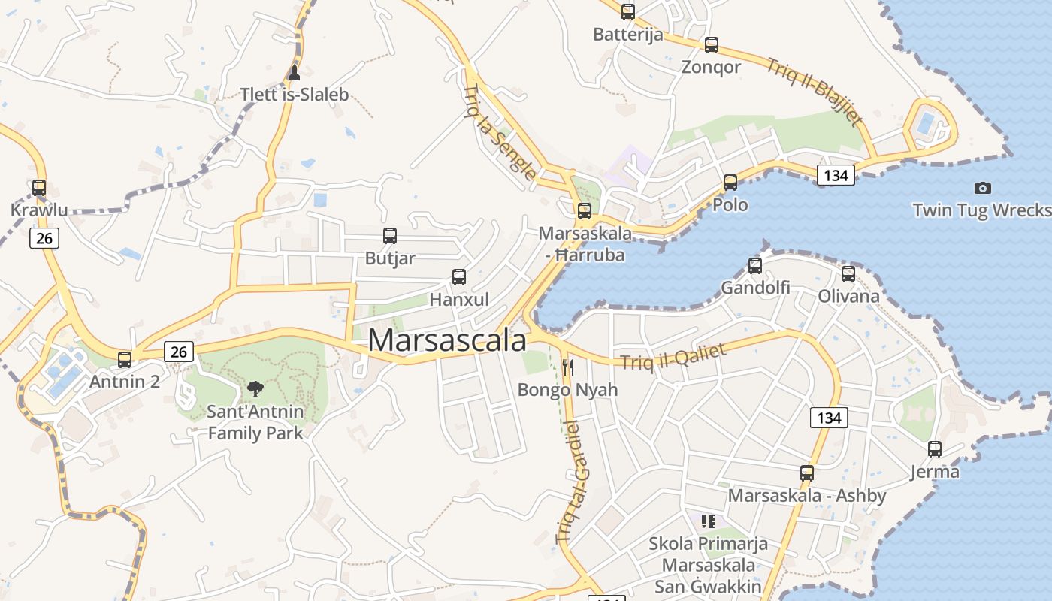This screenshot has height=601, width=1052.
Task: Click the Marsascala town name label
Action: coord(447,340)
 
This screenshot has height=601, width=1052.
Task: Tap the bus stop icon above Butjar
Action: coord(390,236)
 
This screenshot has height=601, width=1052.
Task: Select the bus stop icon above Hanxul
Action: coord(459,277)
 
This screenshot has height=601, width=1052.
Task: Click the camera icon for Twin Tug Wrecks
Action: coord(982,188)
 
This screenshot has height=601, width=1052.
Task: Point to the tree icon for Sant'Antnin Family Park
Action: coord(255,388)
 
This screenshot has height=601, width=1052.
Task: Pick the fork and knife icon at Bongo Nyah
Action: coord(568,367)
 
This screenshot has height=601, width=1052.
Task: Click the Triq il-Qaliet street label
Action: coord(673,356)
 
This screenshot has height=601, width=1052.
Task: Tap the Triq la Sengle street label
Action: coord(500,132)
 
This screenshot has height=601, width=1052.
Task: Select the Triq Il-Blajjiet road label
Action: coord(815,91)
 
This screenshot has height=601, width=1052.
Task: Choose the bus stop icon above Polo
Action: coord(730,182)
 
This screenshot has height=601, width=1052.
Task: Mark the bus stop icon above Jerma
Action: coord(935,449)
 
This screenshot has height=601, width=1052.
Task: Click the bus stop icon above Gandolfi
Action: coord(755,265)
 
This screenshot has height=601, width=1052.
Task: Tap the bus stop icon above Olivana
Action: coord(848,274)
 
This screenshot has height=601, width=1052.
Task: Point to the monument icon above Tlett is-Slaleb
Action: coord(294,73)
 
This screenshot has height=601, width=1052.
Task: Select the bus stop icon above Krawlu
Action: coord(39,188)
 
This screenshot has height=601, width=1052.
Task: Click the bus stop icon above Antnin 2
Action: coord(125,360)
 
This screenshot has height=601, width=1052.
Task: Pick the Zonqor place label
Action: coord(711,67)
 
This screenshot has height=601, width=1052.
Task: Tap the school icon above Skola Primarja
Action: coord(708,521)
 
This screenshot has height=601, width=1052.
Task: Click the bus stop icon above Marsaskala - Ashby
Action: coord(807,473)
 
